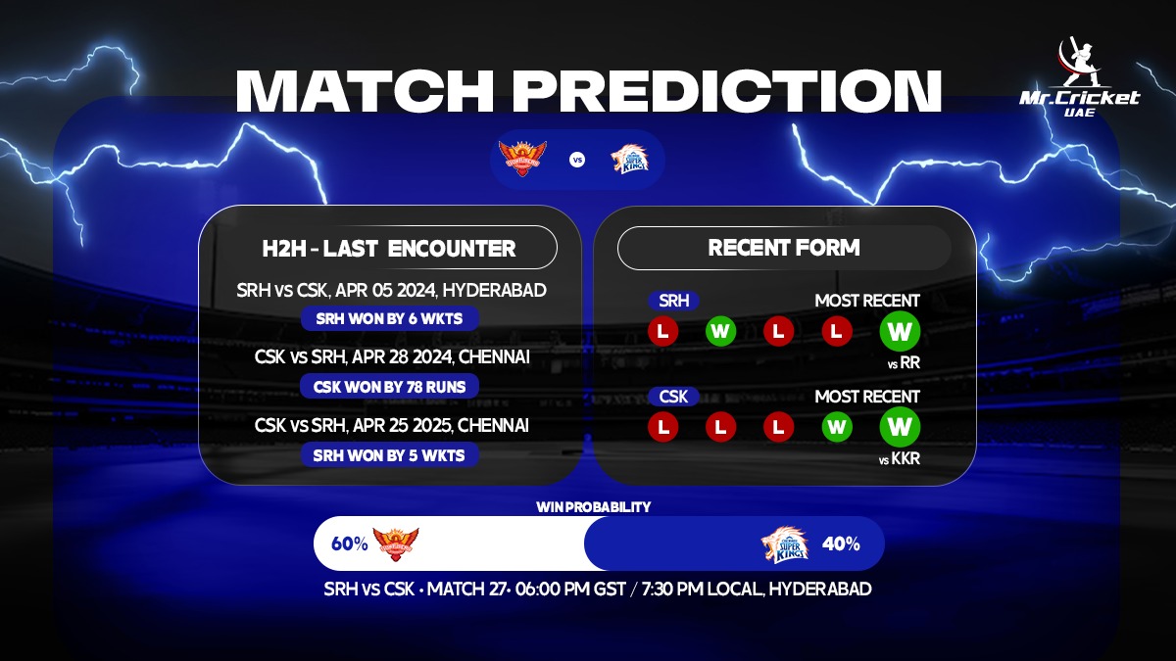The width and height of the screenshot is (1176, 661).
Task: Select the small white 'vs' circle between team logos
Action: (577, 160)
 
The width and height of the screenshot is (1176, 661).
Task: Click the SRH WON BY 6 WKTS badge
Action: (390, 318)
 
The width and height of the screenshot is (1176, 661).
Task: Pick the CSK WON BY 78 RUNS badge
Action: (390, 387)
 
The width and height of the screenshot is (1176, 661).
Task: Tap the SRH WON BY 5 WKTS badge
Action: (390, 454)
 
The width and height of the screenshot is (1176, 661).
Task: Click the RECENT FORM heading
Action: (784, 248)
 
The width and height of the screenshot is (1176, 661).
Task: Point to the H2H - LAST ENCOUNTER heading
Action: (389, 248)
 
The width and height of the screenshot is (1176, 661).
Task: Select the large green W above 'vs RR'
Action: (900, 331)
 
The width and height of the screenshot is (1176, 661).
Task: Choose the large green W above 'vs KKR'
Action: (900, 427)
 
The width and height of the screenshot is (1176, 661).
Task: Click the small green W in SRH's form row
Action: (720, 331)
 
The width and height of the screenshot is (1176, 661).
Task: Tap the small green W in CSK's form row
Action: (836, 427)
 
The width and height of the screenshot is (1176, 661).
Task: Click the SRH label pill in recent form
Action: (673, 301)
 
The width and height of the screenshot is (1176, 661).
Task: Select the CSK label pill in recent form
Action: (673, 397)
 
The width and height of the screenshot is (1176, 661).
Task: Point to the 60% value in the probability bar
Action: (349, 544)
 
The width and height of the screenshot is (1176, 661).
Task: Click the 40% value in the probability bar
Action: (841, 544)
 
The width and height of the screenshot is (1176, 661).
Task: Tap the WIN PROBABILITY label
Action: (593, 507)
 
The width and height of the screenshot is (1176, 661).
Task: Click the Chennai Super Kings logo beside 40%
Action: (785, 544)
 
